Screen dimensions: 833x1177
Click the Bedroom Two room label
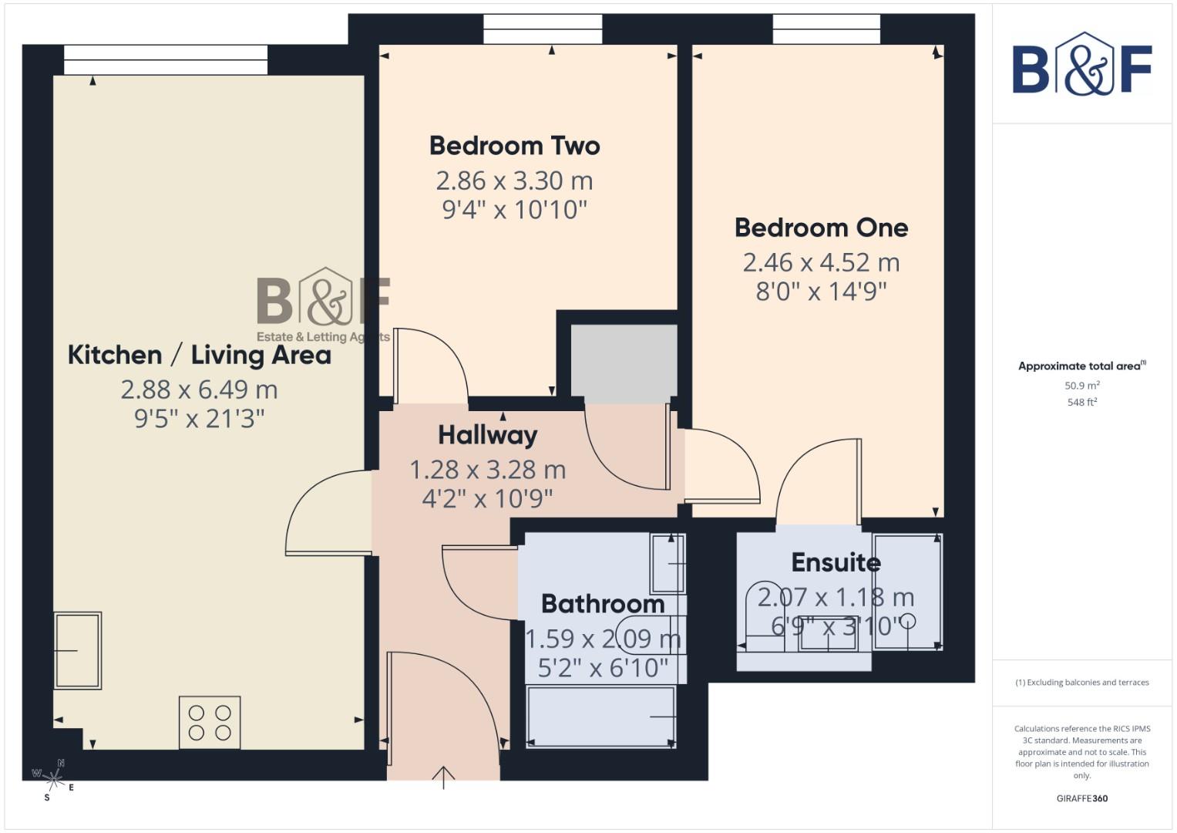tap(514, 146)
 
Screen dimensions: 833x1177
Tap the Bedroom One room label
tap(821, 228)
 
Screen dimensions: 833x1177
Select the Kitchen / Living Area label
tap(199, 355)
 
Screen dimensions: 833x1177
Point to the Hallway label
tap(487, 435)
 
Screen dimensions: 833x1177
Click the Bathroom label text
tap(603, 604)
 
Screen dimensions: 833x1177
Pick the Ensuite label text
tap(836, 562)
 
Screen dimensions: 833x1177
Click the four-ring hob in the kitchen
tap(210, 723)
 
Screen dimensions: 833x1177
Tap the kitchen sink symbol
tap(77, 650)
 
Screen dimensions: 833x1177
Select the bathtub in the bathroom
tap(600, 717)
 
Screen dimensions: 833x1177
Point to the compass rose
tap(53, 776)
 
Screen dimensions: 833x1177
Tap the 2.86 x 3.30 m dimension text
tap(514, 180)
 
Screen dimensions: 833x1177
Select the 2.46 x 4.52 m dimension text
tap(821, 262)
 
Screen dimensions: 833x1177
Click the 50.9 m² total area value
tap(1081, 386)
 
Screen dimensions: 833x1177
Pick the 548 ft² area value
tap(1081, 402)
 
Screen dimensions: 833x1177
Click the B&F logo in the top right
tap(1082, 65)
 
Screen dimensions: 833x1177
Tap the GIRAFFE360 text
tap(1081, 798)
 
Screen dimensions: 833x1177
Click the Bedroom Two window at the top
tap(543, 30)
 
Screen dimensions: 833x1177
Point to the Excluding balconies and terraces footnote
tap(1082, 683)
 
